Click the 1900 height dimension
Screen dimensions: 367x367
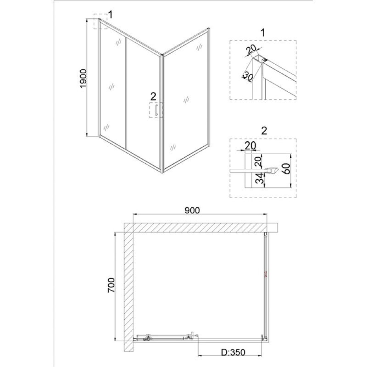pos(83,78)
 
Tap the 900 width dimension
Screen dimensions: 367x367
pos(192,210)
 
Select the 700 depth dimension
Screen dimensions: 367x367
pos(111,285)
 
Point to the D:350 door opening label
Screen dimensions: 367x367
pos(234,352)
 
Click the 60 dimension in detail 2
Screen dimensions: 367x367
pos(286,168)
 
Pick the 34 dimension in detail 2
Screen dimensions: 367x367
pos(259,178)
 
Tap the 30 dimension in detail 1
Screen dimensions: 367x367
pos(248,76)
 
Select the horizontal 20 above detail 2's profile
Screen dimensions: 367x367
pos(250,145)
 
